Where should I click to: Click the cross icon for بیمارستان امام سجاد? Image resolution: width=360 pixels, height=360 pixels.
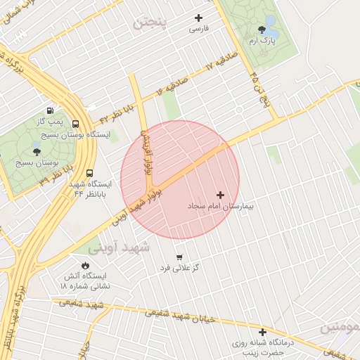220,195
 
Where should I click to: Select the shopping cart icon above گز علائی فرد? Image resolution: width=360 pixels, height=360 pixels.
179,257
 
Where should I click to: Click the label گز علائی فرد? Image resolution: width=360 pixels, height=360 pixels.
180,268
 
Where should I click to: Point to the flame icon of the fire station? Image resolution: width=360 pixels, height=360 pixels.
86,265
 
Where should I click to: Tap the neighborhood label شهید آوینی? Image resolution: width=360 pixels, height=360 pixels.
119,247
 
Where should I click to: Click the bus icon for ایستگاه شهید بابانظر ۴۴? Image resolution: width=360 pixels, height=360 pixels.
89,172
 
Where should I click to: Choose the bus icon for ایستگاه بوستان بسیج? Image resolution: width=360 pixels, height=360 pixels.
75,124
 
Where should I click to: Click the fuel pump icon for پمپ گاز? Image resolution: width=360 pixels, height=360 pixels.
50,110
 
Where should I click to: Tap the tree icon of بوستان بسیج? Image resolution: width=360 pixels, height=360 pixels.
36,151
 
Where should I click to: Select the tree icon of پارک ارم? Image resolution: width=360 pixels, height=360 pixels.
262,30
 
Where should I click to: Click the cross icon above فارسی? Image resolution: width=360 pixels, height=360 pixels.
198,18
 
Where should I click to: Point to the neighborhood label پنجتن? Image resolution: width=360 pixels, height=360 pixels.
150,22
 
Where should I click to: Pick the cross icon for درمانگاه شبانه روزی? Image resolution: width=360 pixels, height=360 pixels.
262,332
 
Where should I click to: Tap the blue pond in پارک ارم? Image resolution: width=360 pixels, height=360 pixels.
271,33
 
